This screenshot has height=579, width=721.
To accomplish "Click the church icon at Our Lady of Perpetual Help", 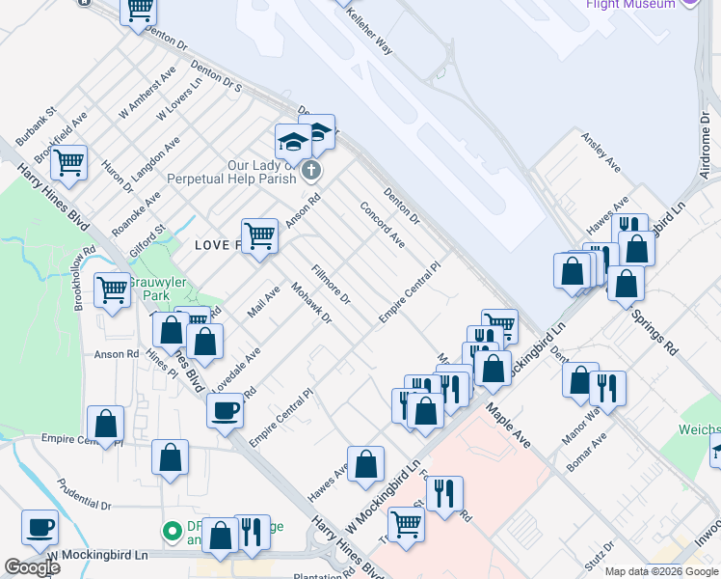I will pos(309,172).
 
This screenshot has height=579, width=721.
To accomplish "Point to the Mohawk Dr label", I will pos(311,303).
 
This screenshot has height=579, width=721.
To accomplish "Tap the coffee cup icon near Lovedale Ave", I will pos(225,410).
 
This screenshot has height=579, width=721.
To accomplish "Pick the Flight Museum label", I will pos(631,4).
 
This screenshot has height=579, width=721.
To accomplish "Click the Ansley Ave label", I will pos(600,152).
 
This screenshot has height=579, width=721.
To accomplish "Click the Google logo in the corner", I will pos(32,567).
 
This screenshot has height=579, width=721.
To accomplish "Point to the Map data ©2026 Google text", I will pos(661,572).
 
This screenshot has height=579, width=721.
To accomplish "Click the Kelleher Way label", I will pos(370,34).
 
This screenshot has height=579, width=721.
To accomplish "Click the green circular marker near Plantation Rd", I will pos(173,531).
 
